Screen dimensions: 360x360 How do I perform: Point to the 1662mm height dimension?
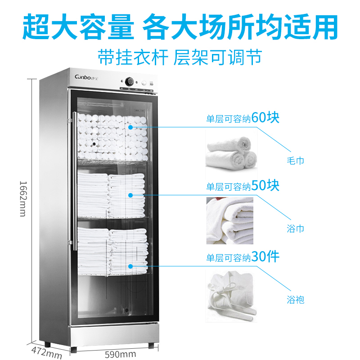coord(22,198)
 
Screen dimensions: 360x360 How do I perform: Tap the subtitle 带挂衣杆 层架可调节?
coord(180,57)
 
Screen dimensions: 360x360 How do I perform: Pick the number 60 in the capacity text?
coord(260,118)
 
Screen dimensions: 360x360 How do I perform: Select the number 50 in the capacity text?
coord(260,185)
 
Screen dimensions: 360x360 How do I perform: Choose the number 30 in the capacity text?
coord(260,257)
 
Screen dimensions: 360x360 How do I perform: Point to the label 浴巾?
coord(295,229)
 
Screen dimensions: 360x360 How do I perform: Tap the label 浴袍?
coord(295,299)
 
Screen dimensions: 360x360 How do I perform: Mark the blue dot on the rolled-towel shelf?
coord(130,127)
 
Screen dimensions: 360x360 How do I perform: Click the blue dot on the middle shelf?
coord(130,195)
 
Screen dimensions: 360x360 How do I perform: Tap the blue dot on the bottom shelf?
coord(130,266)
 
